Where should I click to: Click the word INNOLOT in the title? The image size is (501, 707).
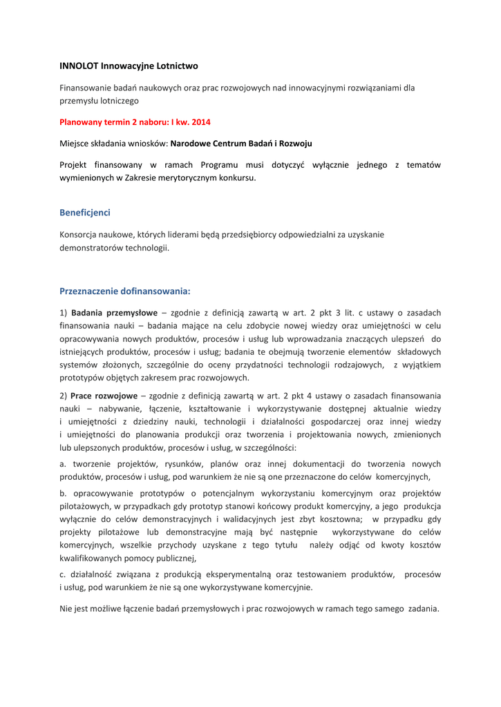(x=79, y=66)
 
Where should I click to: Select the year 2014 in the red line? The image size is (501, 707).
(x=201, y=122)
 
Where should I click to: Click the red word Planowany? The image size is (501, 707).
(x=82, y=122)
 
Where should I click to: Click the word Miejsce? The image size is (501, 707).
(x=75, y=144)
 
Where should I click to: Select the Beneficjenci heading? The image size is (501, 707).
(x=85, y=213)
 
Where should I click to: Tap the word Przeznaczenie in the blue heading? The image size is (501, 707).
(x=91, y=291)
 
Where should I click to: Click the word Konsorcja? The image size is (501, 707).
(x=80, y=235)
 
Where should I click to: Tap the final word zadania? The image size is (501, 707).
(x=423, y=608)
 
